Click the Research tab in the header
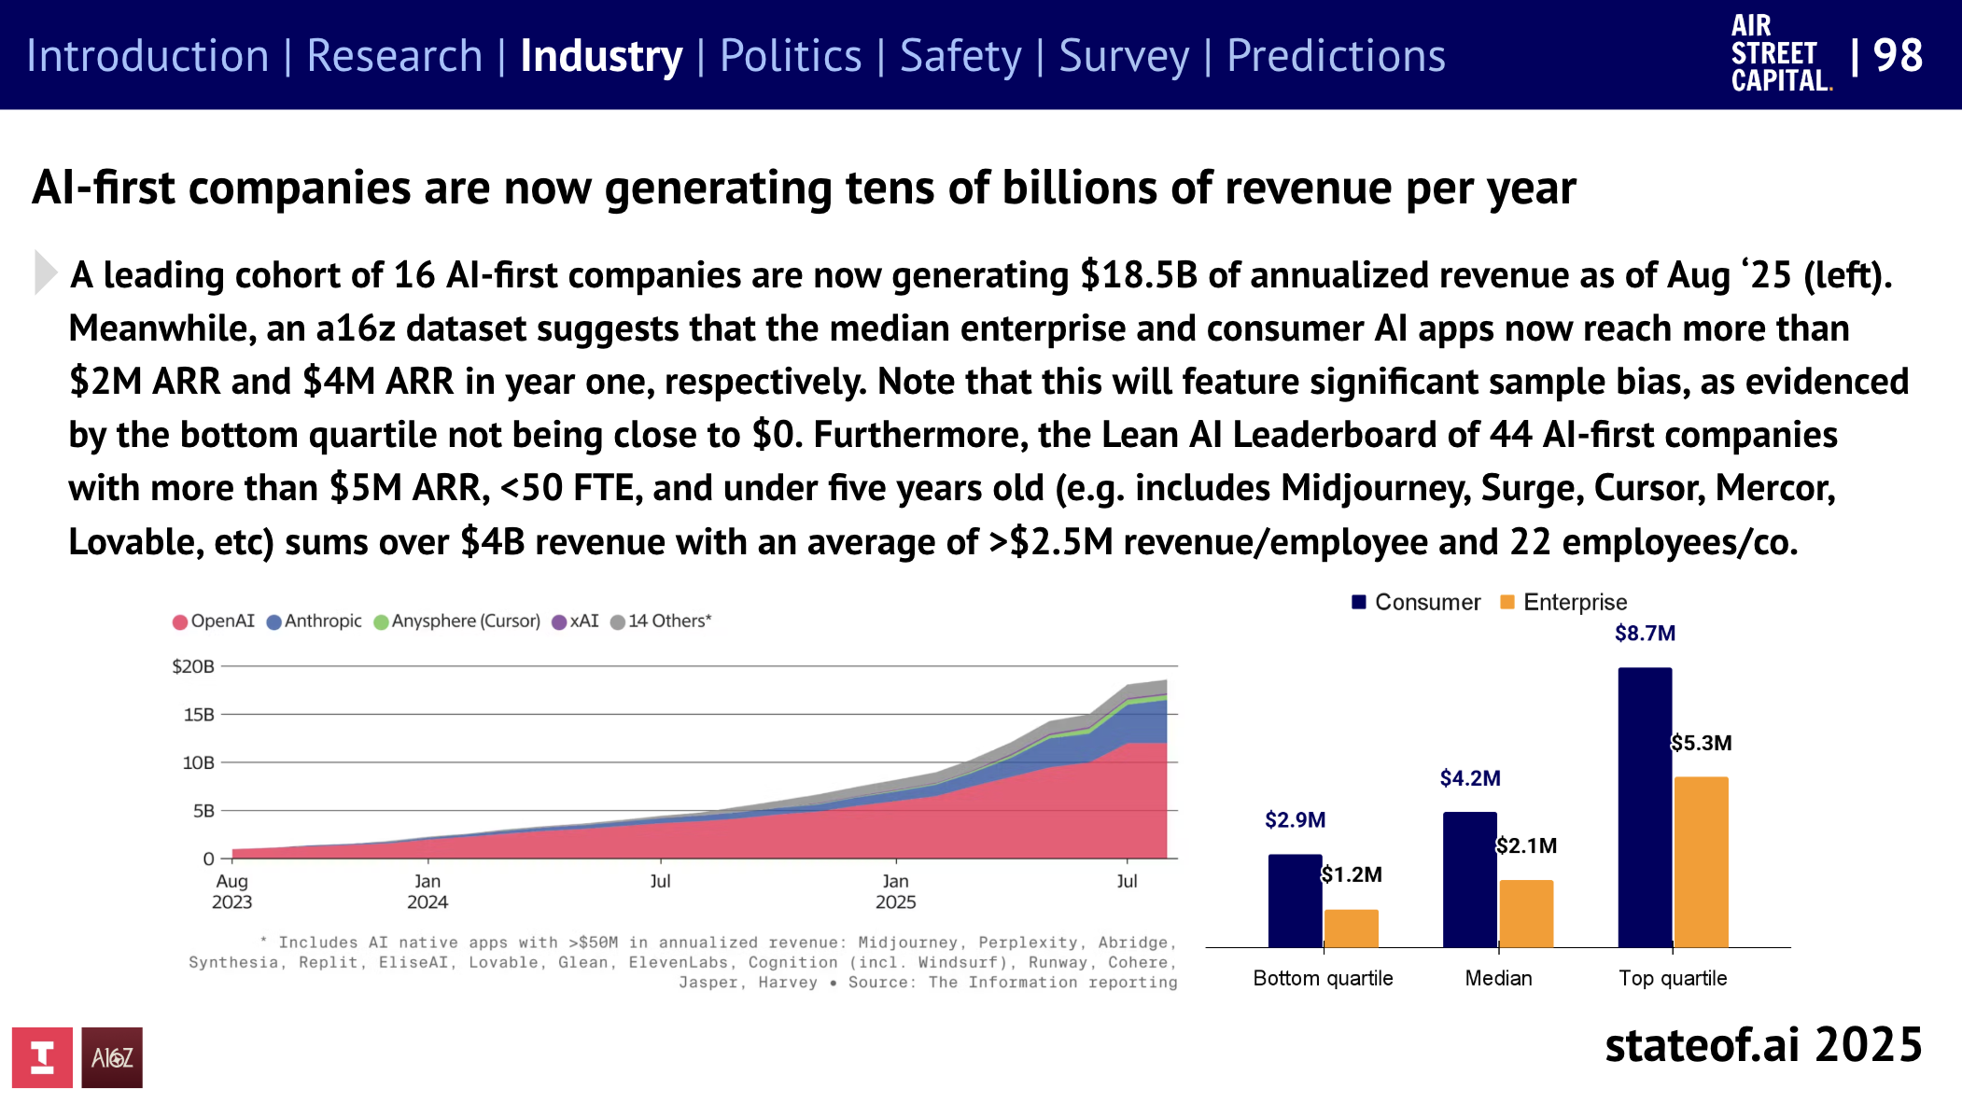(394, 56)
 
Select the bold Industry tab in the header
(601, 56)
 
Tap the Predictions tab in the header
(1335, 56)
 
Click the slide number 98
(1897, 56)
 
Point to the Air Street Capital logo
(1779, 54)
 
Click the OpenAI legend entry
(214, 621)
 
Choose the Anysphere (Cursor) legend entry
(457, 621)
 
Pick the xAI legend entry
(576, 621)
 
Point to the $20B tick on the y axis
(193, 666)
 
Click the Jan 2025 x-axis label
(895, 891)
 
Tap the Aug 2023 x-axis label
(231, 891)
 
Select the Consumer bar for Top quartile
(1645, 807)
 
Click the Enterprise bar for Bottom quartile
(1351, 928)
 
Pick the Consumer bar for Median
(1469, 879)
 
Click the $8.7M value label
(1645, 634)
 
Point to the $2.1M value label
(1526, 845)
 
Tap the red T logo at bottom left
(42, 1057)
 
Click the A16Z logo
(112, 1057)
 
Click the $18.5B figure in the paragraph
(1139, 275)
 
